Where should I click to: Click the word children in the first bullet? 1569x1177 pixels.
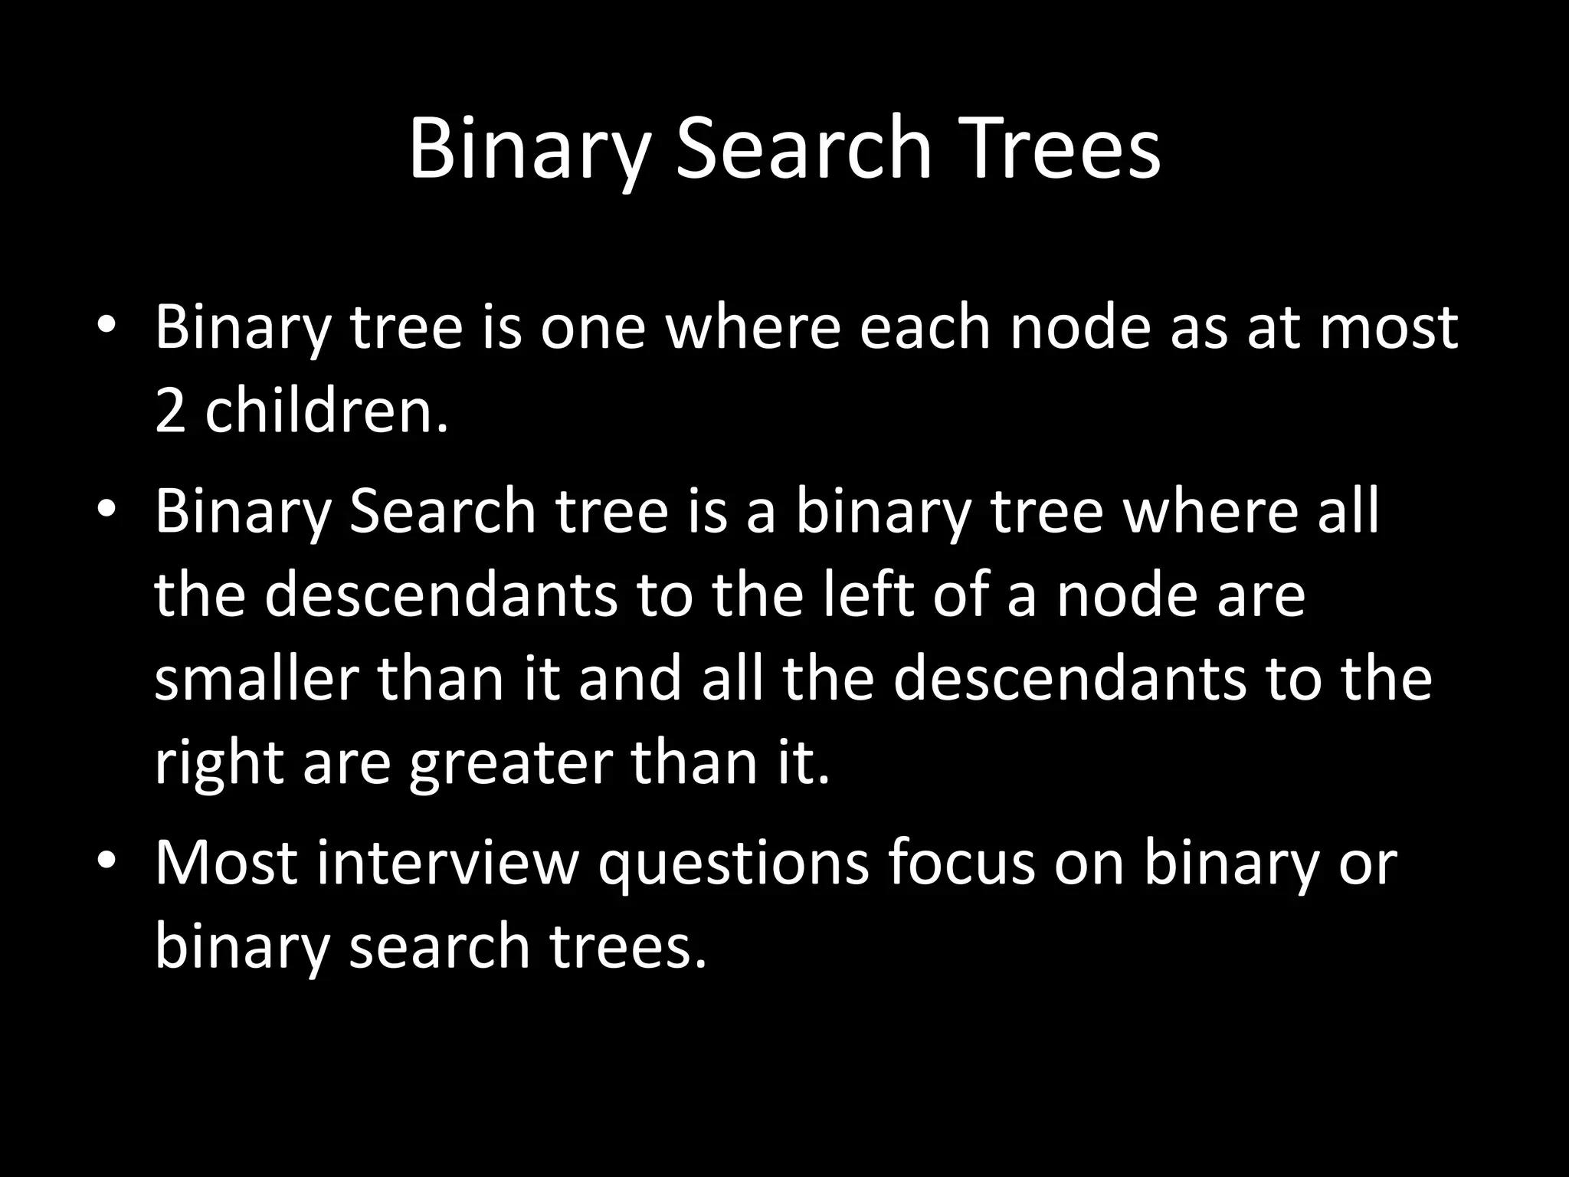click(326, 410)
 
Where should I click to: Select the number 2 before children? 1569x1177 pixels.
click(170, 411)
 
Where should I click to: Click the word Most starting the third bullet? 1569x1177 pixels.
click(226, 863)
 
